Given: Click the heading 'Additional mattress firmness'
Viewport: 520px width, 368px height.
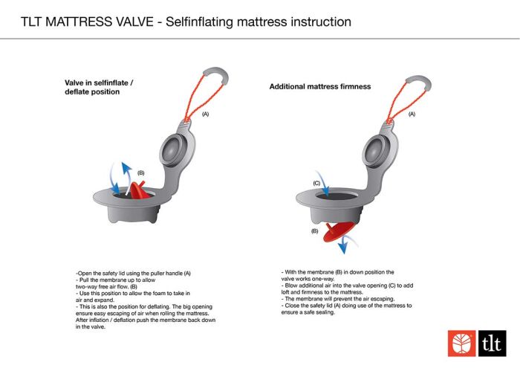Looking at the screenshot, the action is click(x=320, y=86).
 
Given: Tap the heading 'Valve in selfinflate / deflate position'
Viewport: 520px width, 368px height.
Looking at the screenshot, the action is click(x=99, y=87).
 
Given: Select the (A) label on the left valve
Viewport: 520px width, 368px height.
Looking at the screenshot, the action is click(x=206, y=114).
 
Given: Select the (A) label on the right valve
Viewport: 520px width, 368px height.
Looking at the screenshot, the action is click(x=412, y=114).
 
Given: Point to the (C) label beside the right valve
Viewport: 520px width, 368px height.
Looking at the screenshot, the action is click(x=316, y=183).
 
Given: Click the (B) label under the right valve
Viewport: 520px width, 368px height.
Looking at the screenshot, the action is click(x=315, y=231).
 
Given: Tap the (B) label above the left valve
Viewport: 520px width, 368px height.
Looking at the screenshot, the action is click(x=141, y=173).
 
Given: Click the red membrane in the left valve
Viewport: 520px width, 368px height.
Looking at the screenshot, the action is click(x=140, y=190).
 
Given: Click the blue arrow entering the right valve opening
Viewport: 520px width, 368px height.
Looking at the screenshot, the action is click(x=322, y=184).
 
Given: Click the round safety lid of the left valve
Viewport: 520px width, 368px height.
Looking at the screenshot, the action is click(x=173, y=150).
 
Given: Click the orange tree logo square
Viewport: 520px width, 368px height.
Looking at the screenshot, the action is click(x=461, y=343).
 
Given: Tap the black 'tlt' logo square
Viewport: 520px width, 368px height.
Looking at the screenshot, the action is click(x=492, y=343).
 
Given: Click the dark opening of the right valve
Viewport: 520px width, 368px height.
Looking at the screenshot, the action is click(x=336, y=195).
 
